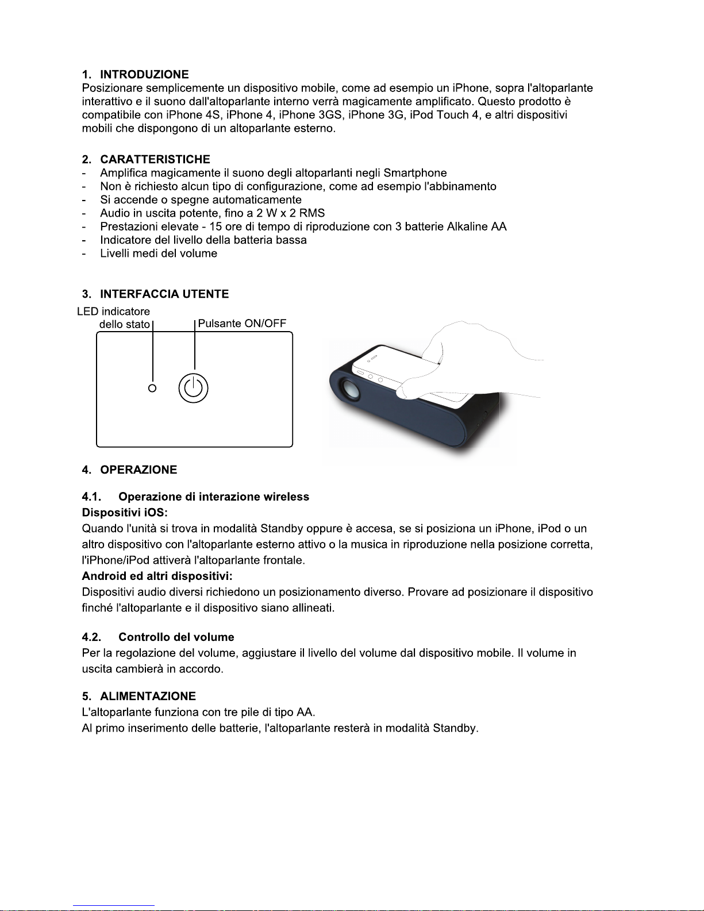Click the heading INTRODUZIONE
[x=144, y=74]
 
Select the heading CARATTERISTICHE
[x=155, y=159]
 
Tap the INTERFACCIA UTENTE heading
[x=164, y=294]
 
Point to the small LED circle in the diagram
[x=152, y=388]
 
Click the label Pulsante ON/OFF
[x=242, y=323]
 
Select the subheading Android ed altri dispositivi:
[x=157, y=576]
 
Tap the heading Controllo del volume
[x=176, y=637]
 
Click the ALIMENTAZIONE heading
[x=148, y=696]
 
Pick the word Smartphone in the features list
[x=415, y=173]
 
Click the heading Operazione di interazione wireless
[x=213, y=497]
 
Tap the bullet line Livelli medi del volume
[x=159, y=253]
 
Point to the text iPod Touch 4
[x=444, y=115]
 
